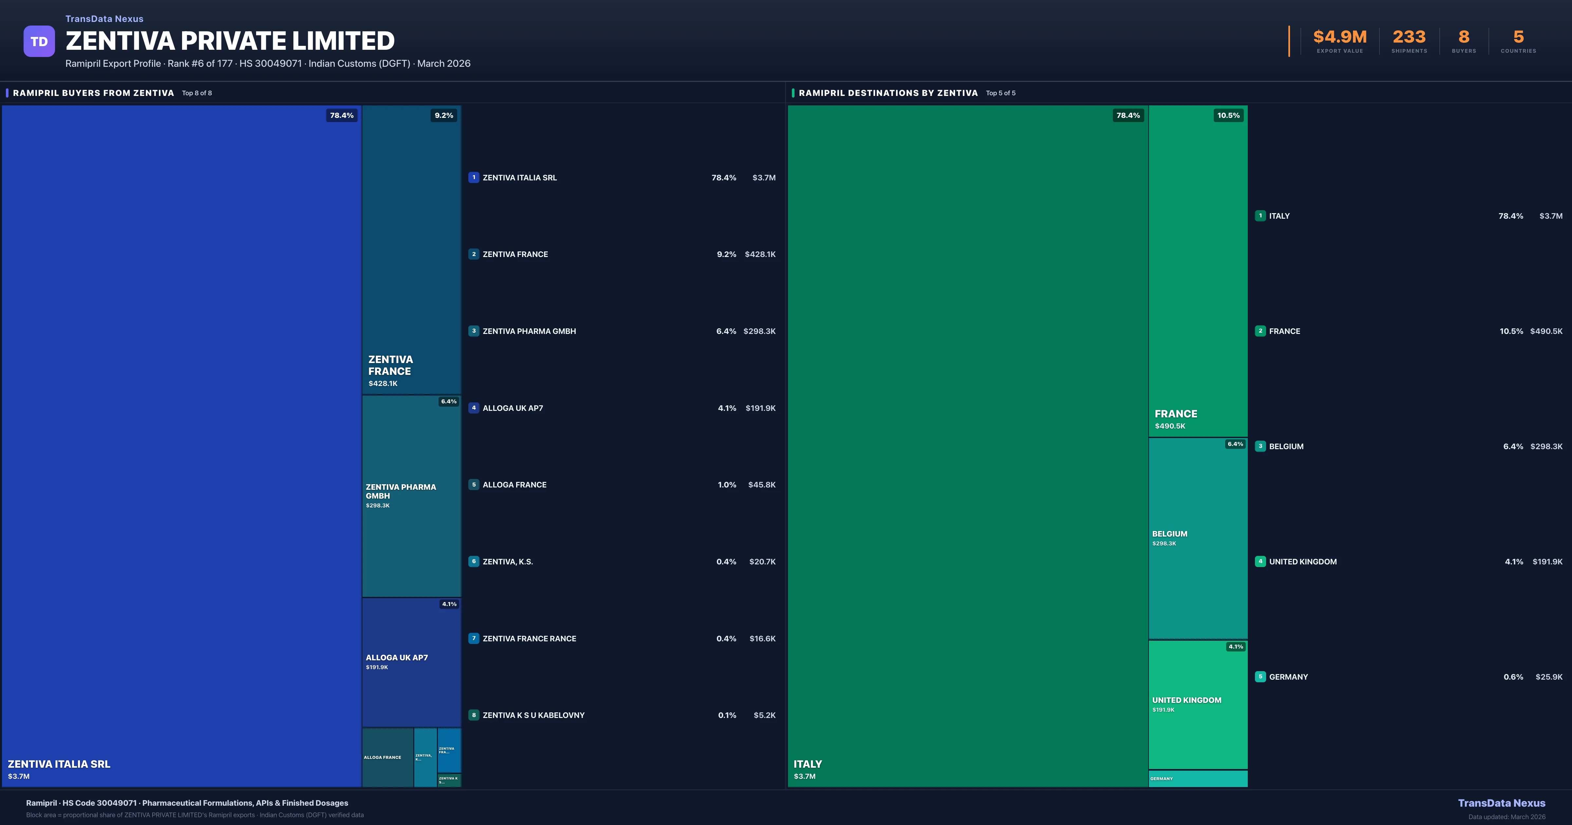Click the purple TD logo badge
click(39, 42)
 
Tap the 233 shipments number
click(1409, 37)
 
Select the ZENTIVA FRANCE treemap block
click(411, 250)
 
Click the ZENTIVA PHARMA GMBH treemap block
click(411, 495)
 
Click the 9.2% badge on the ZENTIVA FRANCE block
click(444, 115)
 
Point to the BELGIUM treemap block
click(1197, 538)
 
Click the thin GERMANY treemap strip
click(1197, 779)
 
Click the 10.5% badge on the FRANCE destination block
click(1228, 115)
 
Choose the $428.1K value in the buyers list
click(760, 254)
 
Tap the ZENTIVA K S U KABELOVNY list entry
click(533, 715)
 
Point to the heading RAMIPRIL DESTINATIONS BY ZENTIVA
click(888, 93)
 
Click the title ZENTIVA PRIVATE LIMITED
click(230, 41)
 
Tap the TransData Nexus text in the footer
click(1501, 803)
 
